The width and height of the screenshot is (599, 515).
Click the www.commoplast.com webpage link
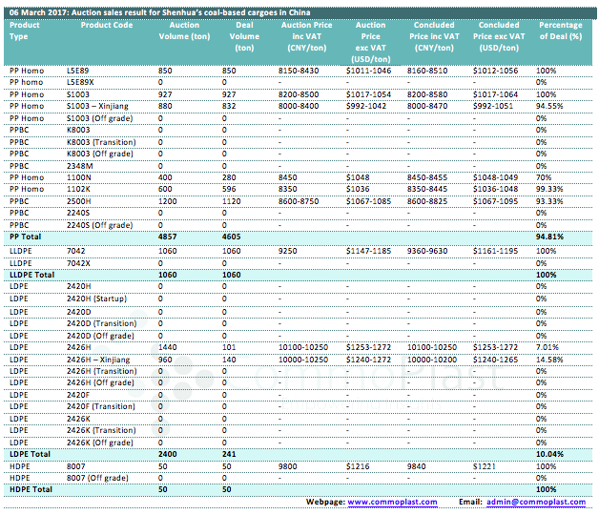pyautogui.click(x=392, y=502)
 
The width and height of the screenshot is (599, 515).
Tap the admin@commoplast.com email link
pyautogui.click(x=536, y=502)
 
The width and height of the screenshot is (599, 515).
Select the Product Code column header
pyautogui.click(x=107, y=25)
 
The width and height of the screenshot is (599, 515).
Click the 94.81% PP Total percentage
pyautogui.click(x=549, y=237)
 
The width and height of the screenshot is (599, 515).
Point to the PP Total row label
pyautogui.click(x=25, y=237)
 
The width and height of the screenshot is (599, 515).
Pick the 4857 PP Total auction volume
pyautogui.click(x=167, y=237)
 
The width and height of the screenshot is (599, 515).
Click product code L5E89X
pyautogui.click(x=80, y=82)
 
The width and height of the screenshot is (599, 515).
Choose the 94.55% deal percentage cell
pyautogui.click(x=549, y=106)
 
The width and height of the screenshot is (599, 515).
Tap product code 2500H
pyautogui.click(x=79, y=201)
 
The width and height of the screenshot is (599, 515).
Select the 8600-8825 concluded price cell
pyautogui.click(x=427, y=201)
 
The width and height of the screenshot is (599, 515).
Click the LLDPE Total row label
pyautogui.click(x=32, y=275)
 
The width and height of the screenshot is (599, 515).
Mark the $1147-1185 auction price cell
pyautogui.click(x=368, y=251)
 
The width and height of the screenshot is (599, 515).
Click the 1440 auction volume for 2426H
pyautogui.click(x=167, y=347)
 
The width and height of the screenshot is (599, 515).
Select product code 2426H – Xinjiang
pyautogui.click(x=98, y=360)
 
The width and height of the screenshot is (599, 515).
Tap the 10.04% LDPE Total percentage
pyautogui.click(x=549, y=454)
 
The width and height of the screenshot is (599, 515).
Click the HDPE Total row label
pyautogui.click(x=31, y=489)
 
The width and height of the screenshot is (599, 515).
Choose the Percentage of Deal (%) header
pyautogui.click(x=561, y=31)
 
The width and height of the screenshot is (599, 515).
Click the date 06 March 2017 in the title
pyautogui.click(x=38, y=12)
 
